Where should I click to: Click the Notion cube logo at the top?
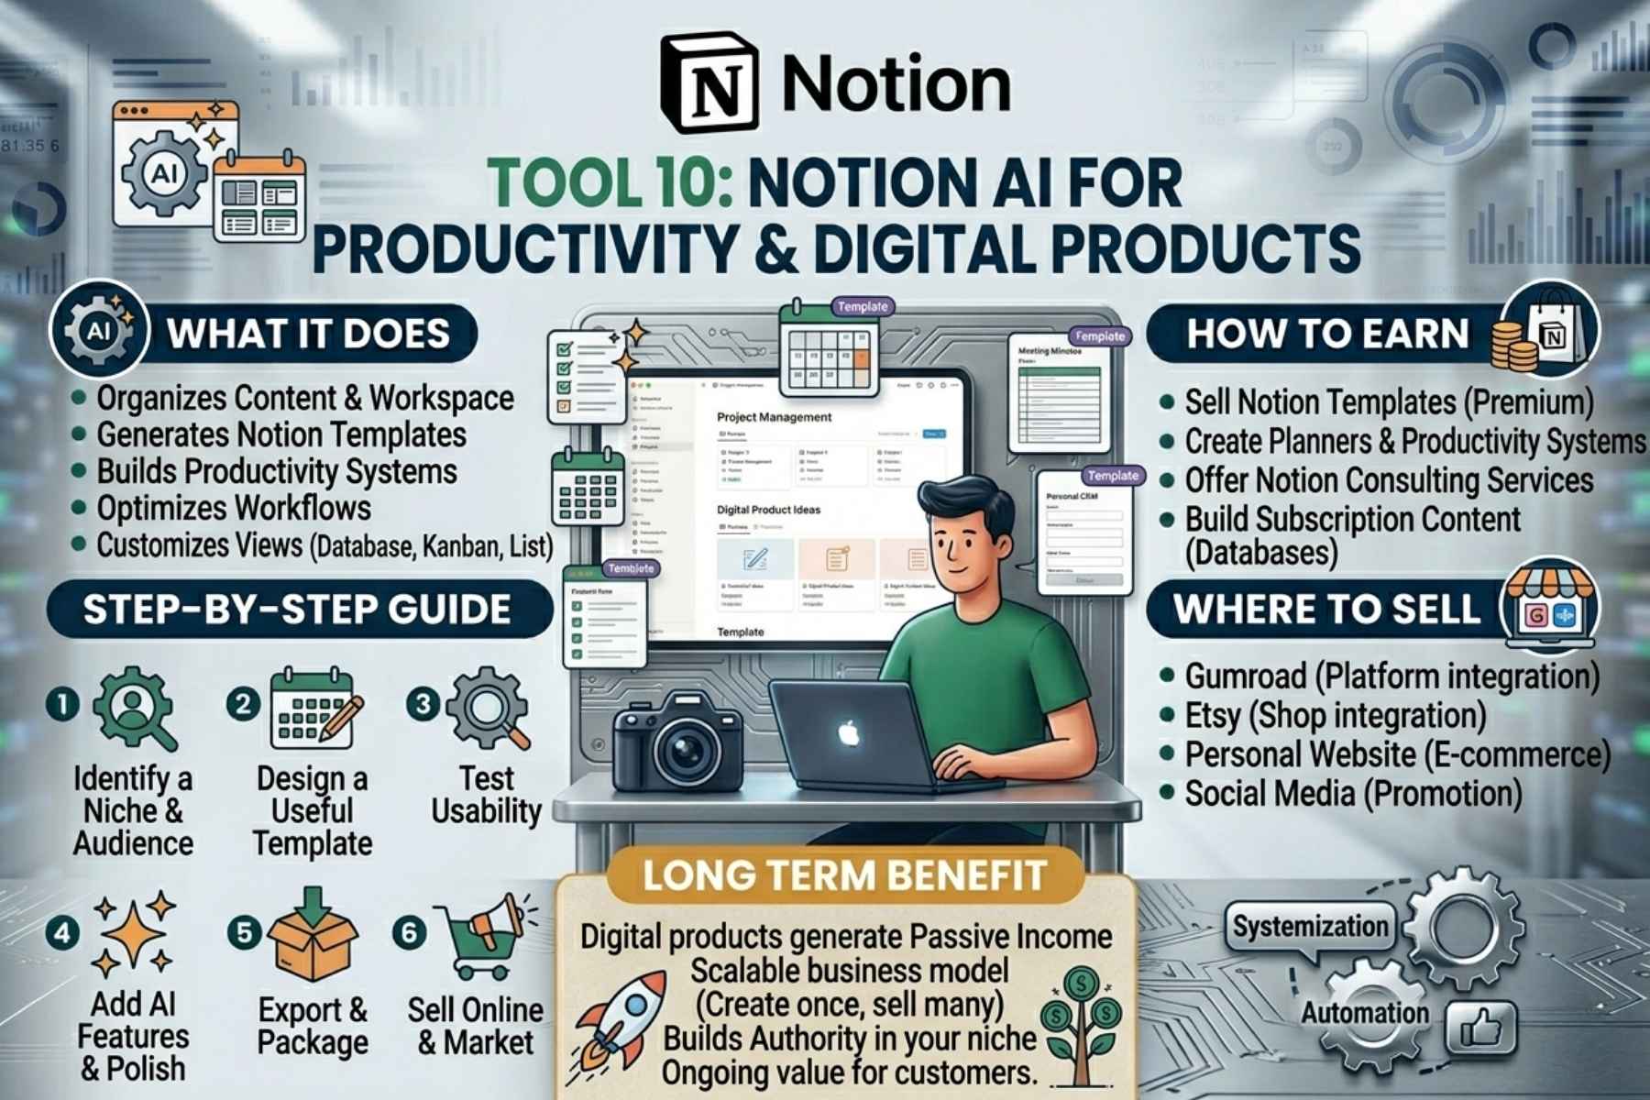coord(710,82)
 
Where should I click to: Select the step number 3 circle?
coord(423,704)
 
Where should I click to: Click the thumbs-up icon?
coord(1480,1028)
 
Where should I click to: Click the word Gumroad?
coord(1245,677)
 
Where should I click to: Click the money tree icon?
coord(1082,1022)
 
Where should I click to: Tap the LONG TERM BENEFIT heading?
coord(844,875)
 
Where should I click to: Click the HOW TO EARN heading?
coord(1327,334)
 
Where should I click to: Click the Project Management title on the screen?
coord(774,417)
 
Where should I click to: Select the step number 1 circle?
coord(62,704)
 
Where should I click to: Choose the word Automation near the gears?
coord(1364,1014)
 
